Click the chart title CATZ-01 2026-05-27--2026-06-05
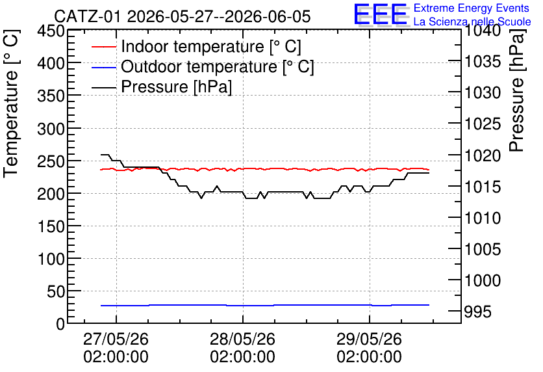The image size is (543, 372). (182, 17)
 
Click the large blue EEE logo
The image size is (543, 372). (381, 14)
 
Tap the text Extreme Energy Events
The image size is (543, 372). (472, 8)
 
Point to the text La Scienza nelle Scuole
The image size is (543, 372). (472, 21)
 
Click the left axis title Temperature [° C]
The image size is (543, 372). (11, 103)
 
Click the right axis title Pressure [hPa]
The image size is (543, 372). (516, 90)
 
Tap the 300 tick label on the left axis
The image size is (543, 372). (51, 129)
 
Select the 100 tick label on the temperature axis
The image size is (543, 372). (51, 259)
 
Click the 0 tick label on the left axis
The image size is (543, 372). (60, 324)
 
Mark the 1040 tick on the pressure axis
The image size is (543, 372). (483, 31)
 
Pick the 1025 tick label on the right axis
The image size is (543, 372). (483, 124)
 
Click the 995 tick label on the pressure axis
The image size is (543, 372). (477, 312)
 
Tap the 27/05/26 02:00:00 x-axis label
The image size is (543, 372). (116, 348)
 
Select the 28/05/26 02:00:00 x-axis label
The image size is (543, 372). (243, 348)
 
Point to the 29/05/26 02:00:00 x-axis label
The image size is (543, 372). (369, 348)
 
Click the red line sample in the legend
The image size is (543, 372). (104, 47)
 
